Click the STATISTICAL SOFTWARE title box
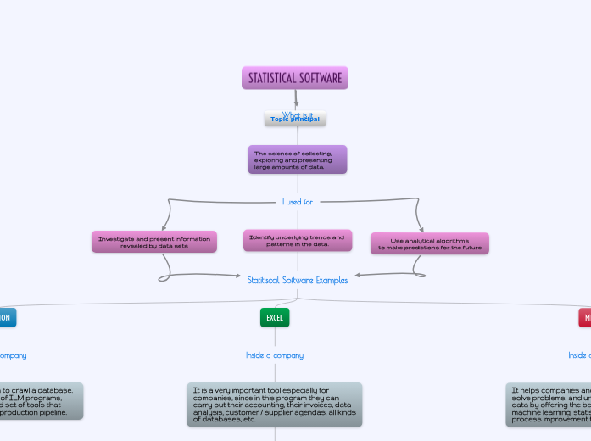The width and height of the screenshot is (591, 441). (x=295, y=78)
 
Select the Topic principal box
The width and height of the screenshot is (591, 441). (x=295, y=120)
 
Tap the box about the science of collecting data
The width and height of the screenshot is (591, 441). (x=297, y=159)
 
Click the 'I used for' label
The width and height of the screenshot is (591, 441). (x=298, y=202)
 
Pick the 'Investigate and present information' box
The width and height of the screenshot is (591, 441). (x=154, y=243)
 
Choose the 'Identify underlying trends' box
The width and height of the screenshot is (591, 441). (x=297, y=240)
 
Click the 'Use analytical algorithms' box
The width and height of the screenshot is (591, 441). (x=429, y=243)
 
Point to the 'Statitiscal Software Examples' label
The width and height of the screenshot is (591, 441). (x=298, y=280)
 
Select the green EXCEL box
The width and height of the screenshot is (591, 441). (x=275, y=317)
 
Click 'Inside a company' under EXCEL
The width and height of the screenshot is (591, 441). (x=275, y=355)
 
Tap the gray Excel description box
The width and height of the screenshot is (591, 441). (x=275, y=405)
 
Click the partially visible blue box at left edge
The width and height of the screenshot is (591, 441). (x=7, y=317)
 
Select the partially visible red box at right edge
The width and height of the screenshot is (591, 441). (x=584, y=317)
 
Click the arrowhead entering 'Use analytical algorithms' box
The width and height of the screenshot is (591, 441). (x=421, y=228)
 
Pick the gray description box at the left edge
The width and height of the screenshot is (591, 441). (x=41, y=400)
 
